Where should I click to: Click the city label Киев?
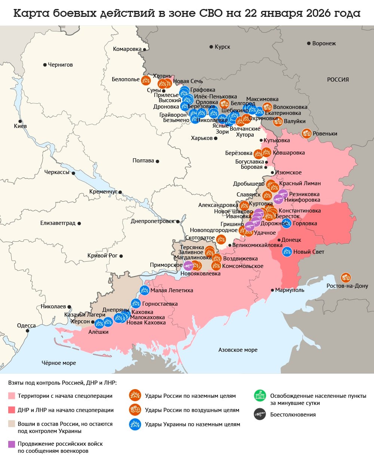(20, 126)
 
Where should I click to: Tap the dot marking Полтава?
(157, 161)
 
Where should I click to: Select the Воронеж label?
(324, 43)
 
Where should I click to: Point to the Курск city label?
(222, 47)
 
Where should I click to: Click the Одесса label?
(26, 326)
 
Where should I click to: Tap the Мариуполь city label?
(289, 290)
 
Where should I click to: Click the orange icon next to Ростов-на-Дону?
(346, 278)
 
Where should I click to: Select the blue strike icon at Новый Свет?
(287, 252)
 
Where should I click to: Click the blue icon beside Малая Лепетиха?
(144, 290)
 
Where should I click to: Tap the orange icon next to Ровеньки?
(307, 133)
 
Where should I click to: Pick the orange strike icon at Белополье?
(146, 80)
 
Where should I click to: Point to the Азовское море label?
(238, 350)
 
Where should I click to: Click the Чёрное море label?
(59, 363)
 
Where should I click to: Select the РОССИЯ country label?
(338, 80)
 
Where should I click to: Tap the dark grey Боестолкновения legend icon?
(260, 414)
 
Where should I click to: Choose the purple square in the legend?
(12, 444)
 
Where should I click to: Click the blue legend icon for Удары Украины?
(135, 424)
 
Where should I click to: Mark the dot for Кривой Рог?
(121, 256)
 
